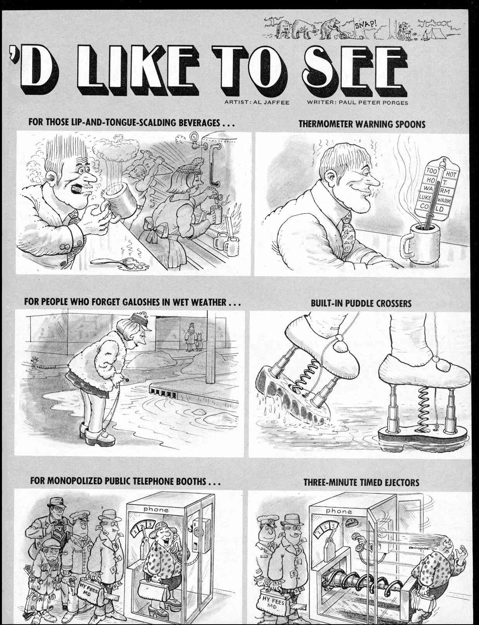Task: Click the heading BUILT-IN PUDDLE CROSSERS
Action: pyautogui.click(x=361, y=303)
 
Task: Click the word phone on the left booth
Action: pyautogui.click(x=156, y=509)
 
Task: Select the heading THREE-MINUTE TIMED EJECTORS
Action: pyautogui.click(x=361, y=483)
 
